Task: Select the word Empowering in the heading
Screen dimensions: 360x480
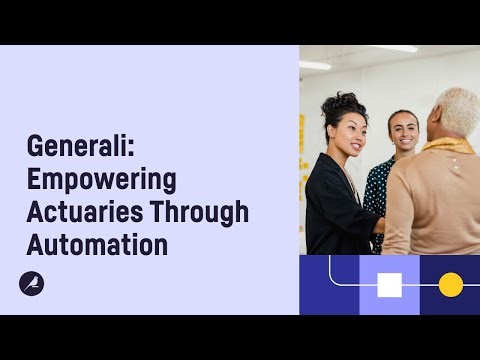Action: point(101,180)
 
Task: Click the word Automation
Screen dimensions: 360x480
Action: point(97,244)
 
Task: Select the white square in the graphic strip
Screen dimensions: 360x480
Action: point(389,285)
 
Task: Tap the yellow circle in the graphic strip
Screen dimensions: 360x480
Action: point(450,285)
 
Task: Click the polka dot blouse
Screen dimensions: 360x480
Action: point(378,190)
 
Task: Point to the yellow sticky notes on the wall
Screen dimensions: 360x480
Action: point(303,140)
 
